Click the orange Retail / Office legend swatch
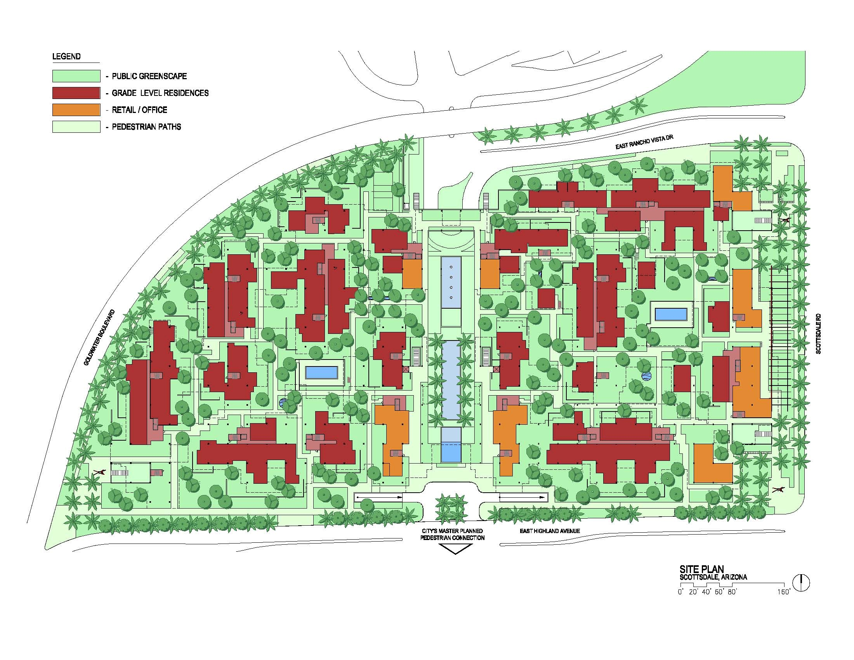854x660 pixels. (x=76, y=110)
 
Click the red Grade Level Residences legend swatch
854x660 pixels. (x=76, y=93)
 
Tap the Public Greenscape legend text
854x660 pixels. (x=149, y=76)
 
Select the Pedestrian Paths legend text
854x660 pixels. (x=147, y=127)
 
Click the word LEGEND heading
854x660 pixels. (x=66, y=57)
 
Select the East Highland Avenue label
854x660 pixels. (x=549, y=531)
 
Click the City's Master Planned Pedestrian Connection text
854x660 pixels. (x=452, y=535)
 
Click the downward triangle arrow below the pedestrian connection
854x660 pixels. (x=455, y=549)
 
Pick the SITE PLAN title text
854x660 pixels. (x=701, y=569)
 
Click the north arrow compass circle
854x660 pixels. (x=801, y=583)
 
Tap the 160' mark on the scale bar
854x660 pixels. (x=784, y=592)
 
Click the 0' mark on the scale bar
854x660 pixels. (x=680, y=592)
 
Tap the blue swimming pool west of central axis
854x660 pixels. (x=321, y=372)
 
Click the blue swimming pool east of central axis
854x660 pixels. (x=671, y=314)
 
